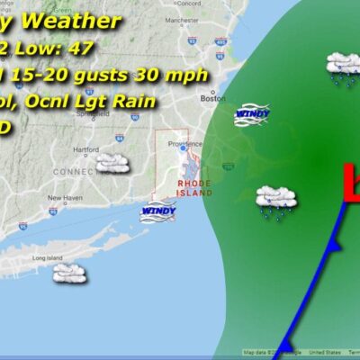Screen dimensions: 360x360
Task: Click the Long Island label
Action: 46,258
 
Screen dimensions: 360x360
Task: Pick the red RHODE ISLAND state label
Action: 193,187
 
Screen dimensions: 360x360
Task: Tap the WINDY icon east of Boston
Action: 251,114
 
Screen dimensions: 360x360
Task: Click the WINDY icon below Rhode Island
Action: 157,212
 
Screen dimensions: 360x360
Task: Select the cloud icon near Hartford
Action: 112,162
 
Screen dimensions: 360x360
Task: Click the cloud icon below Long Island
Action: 68,271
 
